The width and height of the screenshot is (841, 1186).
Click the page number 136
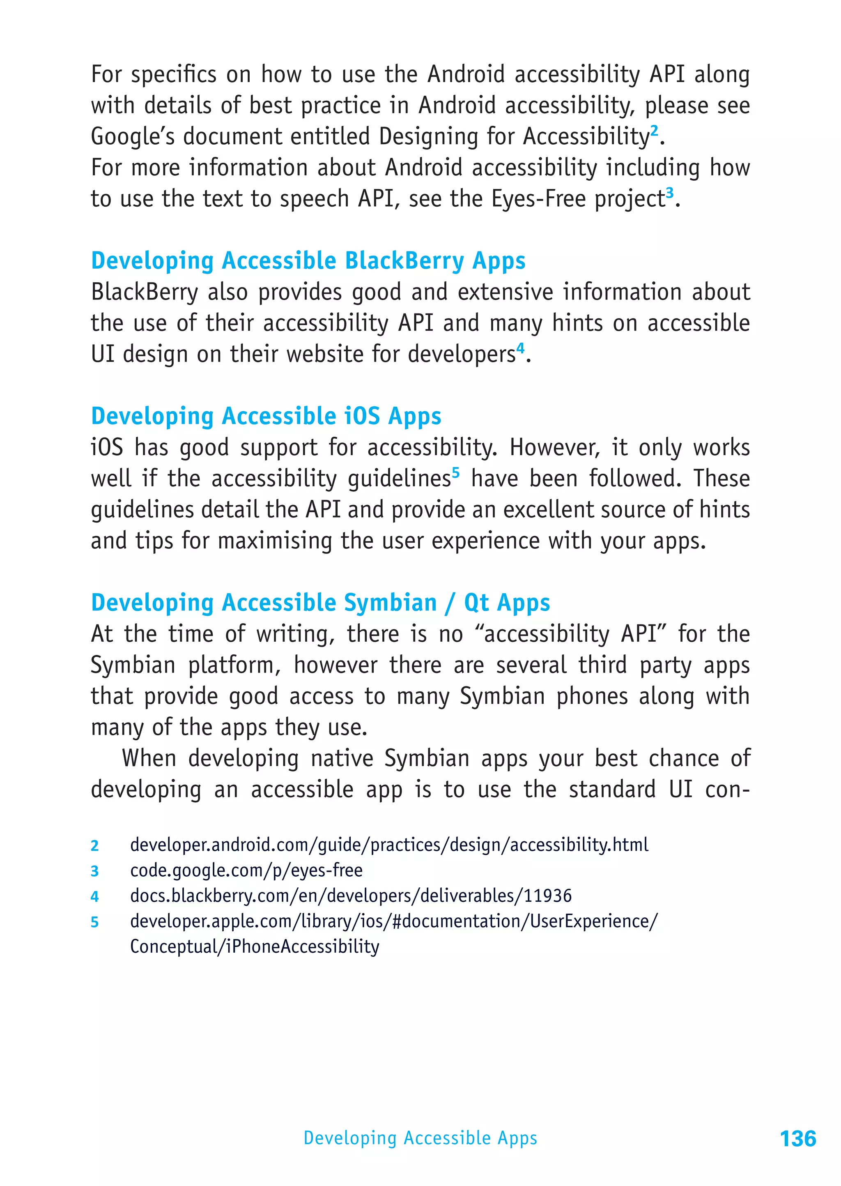(797, 1138)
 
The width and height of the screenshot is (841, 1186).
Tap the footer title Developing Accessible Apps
(420, 1138)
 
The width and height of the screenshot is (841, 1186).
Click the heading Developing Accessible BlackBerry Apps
(308, 260)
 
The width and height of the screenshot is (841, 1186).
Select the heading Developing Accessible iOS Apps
(266, 416)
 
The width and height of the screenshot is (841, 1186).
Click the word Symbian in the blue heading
(391, 603)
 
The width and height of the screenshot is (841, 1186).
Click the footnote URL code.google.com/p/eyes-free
(246, 870)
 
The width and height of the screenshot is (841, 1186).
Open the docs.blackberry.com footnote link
(351, 896)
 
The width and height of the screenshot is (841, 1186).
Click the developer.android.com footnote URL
(389, 845)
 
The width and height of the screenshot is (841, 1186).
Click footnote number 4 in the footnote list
(95, 896)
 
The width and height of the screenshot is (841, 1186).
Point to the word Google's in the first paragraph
(133, 137)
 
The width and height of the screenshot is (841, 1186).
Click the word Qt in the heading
(476, 603)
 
